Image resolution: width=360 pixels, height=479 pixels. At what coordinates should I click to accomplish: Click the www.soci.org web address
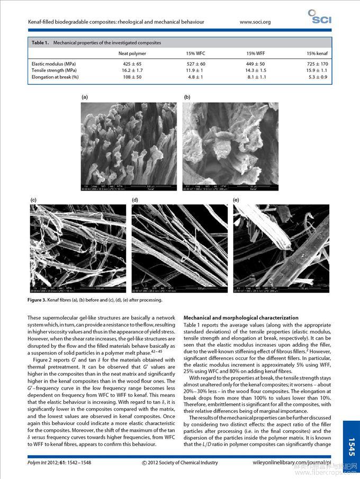click(255, 22)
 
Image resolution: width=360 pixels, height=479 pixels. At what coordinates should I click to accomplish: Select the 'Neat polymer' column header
click(132, 53)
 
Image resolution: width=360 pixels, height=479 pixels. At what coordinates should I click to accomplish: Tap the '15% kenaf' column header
click(317, 53)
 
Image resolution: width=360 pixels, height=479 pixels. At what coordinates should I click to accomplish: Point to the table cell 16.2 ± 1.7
click(132, 70)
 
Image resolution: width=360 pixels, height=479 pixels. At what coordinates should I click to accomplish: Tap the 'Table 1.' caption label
click(40, 42)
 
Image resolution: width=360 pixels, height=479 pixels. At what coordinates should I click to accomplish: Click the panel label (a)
click(85, 97)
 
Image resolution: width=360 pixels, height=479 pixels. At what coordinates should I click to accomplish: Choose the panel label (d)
click(135, 200)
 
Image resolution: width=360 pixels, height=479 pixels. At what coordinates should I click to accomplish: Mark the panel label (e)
click(236, 200)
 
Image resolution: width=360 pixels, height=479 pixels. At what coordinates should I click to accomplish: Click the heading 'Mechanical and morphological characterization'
click(241, 318)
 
